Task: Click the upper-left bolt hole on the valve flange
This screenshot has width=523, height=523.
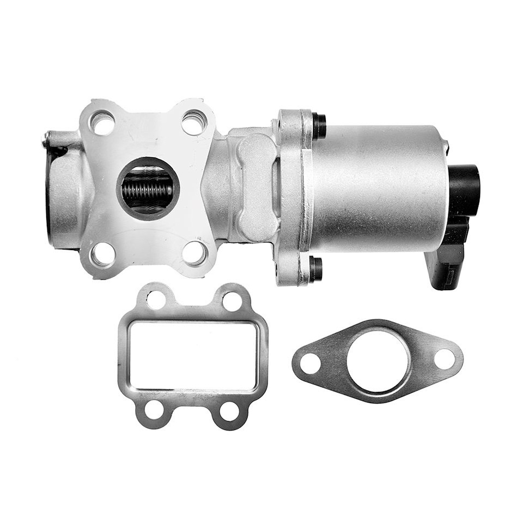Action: click(102, 123)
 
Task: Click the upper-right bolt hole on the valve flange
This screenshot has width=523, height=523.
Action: click(194, 122)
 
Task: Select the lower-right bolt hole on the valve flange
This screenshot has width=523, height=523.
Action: click(194, 253)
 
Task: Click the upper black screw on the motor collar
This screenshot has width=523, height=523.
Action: click(318, 125)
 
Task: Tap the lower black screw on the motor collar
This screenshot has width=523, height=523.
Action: click(315, 269)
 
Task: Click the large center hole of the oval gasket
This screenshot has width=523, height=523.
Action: click(378, 360)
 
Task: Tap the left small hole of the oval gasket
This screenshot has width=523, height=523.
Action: click(311, 363)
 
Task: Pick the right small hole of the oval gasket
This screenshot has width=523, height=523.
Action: click(445, 358)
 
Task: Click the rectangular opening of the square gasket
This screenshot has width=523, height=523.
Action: click(193, 355)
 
